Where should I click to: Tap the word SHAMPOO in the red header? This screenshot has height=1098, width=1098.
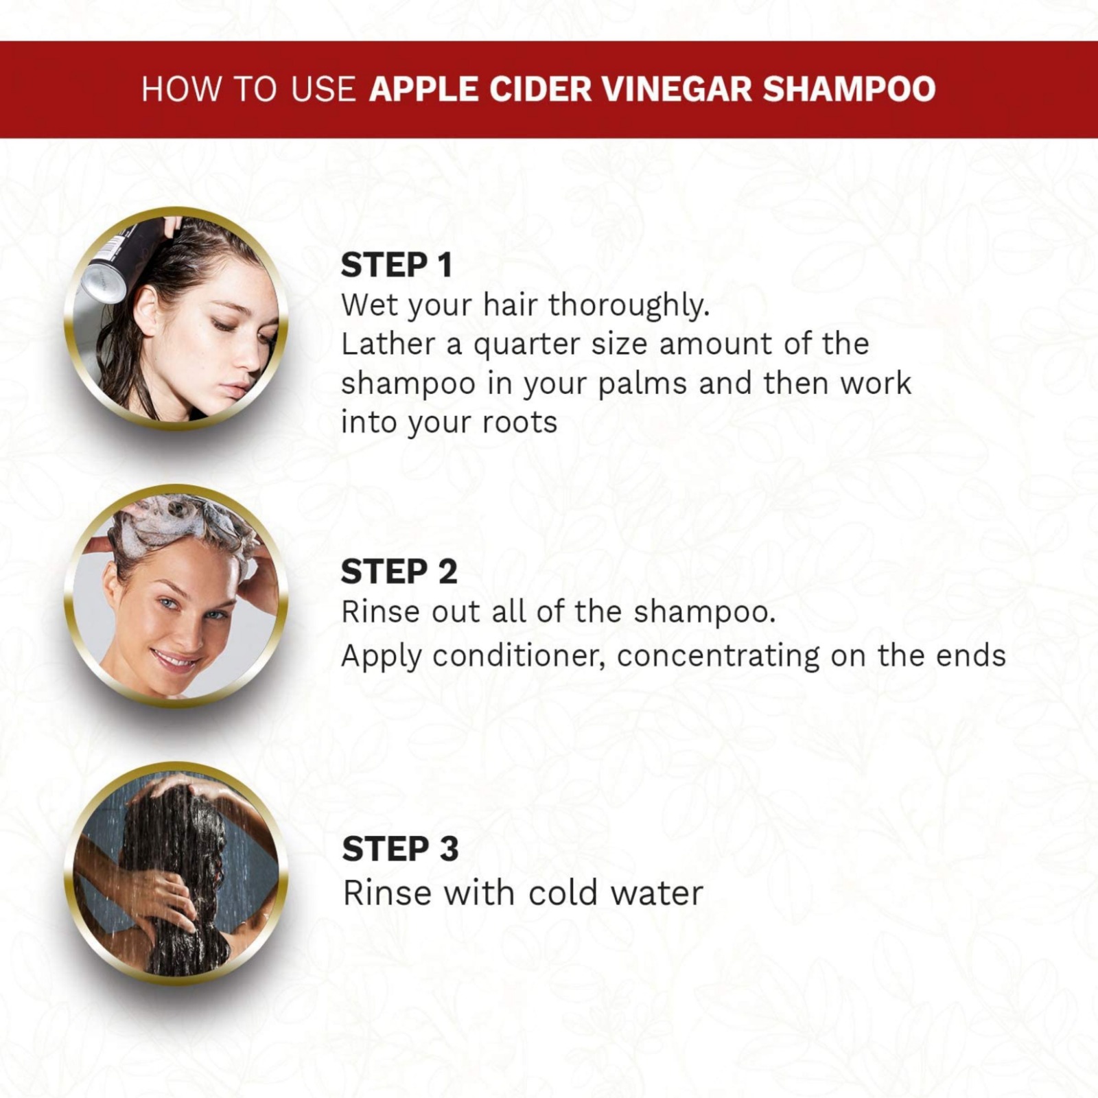850,89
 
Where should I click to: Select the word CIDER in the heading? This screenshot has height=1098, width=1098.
541,89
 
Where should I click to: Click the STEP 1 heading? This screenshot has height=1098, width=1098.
397,266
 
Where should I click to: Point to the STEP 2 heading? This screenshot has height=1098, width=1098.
399,572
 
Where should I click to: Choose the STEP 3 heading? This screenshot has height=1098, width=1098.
400,849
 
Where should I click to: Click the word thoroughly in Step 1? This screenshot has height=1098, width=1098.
629,306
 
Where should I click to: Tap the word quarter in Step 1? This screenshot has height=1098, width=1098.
526,345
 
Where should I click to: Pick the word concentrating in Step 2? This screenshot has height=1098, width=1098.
719,657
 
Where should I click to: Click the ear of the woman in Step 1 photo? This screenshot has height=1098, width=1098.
145,309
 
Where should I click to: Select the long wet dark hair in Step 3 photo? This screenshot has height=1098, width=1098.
175,885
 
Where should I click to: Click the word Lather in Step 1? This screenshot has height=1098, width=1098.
388,344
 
